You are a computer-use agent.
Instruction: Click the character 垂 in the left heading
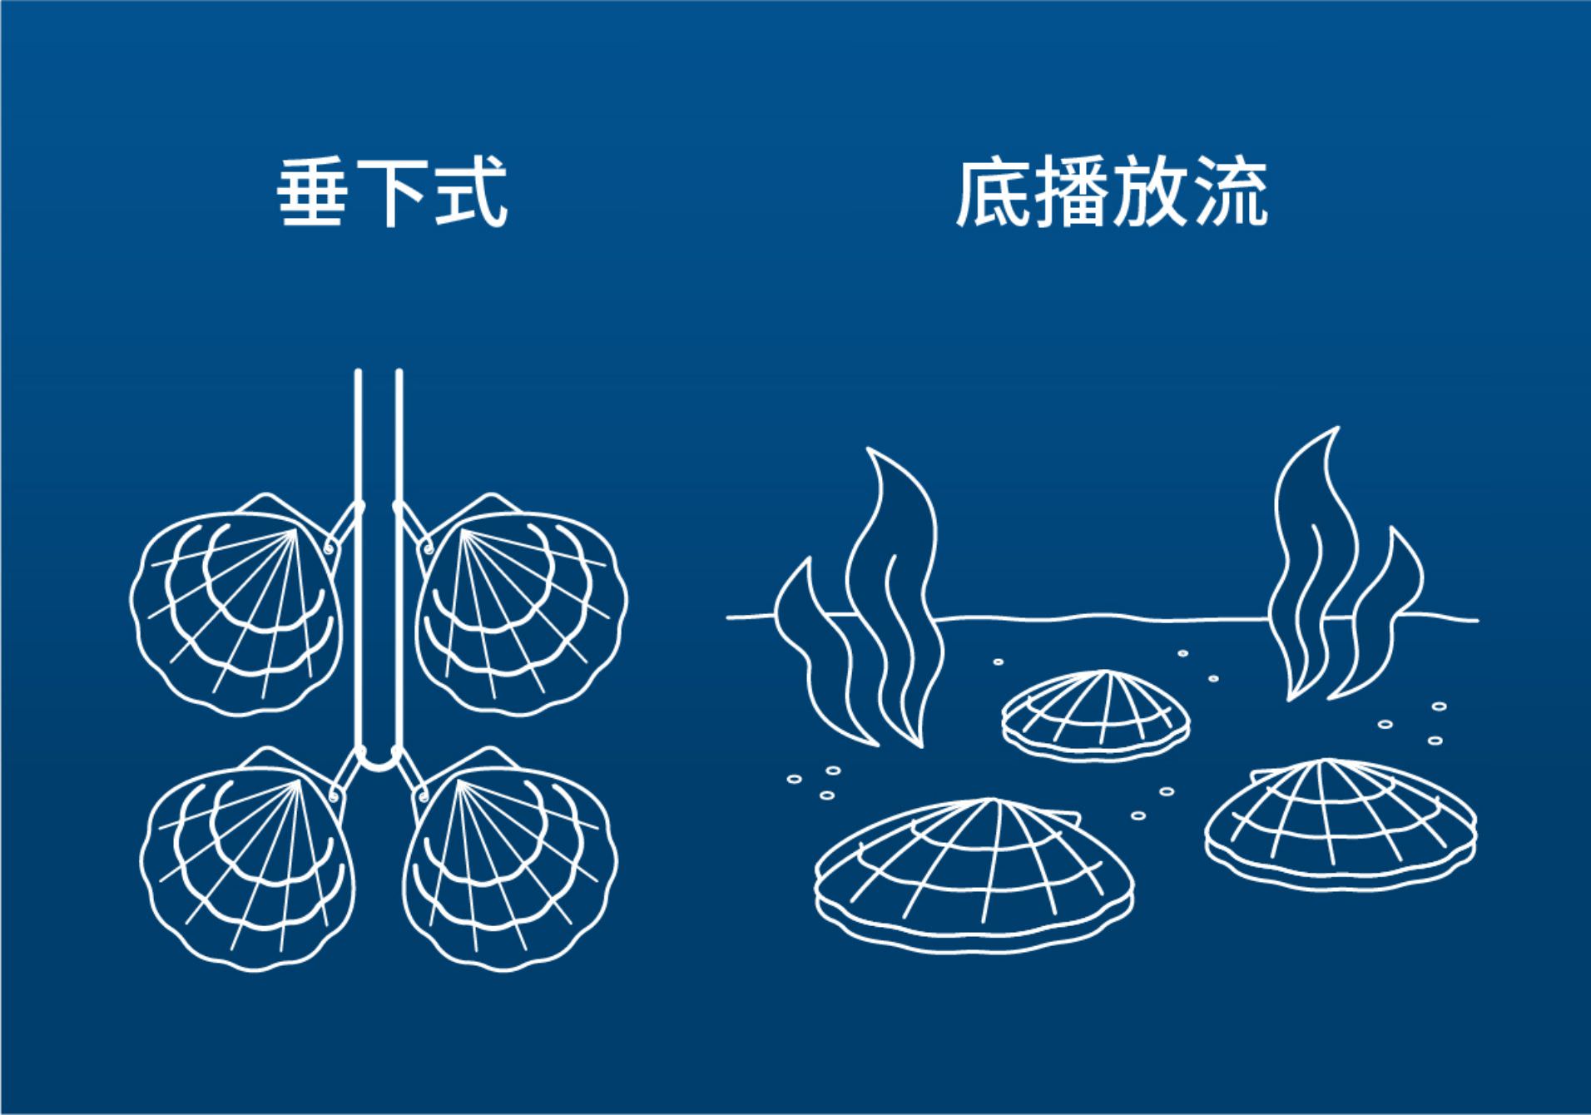[312, 193]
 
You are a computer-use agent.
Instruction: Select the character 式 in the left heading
[470, 193]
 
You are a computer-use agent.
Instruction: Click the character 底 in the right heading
[992, 194]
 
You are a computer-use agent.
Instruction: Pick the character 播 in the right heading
[1072, 194]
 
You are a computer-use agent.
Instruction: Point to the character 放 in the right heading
[1150, 194]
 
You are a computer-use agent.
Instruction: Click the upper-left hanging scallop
[237, 603]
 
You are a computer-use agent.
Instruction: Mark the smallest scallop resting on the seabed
[1096, 716]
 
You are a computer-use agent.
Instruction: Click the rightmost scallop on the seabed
[1341, 824]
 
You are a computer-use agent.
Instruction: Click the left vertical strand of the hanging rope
[358, 557]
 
